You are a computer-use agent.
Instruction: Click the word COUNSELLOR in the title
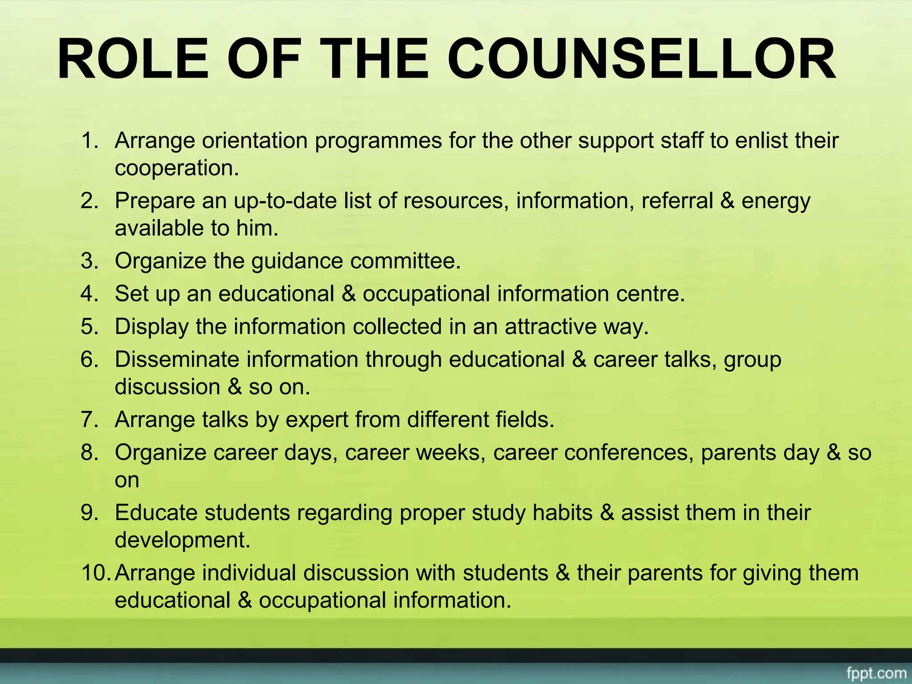(641, 59)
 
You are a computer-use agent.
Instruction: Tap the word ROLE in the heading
(133, 59)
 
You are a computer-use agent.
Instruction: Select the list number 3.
(90, 261)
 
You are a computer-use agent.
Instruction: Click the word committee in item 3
(405, 261)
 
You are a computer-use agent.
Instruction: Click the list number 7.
(90, 420)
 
